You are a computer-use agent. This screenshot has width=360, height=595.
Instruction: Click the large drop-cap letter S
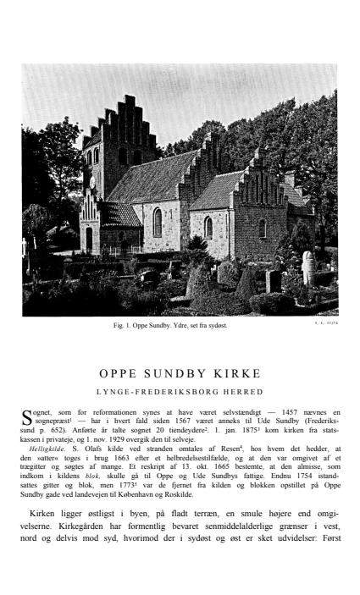28,415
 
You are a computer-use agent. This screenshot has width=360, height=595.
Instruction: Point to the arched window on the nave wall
158,222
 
